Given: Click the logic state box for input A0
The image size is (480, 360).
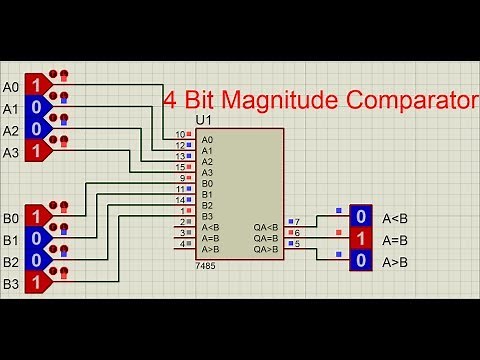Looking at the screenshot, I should (x=34, y=84).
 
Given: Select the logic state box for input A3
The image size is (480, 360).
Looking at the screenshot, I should (x=34, y=151).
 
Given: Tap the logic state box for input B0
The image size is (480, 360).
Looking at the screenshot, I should (x=34, y=216).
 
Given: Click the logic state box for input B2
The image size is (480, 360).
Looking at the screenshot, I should (x=34, y=261).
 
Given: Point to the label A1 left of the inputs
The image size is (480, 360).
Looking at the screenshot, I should (x=11, y=108).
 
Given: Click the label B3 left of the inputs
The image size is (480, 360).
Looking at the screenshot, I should (x=11, y=285).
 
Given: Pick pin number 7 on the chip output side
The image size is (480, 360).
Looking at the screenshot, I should (x=296, y=221).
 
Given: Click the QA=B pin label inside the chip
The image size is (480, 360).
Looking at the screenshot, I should (x=266, y=238).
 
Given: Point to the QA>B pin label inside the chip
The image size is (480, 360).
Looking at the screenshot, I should (x=266, y=249).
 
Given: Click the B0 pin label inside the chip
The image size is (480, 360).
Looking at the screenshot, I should (x=207, y=183).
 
